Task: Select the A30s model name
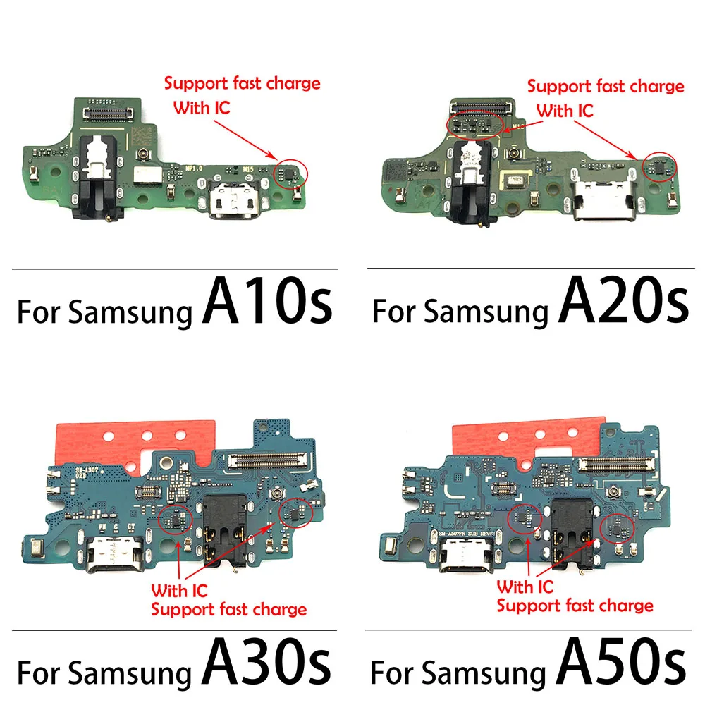click(x=266, y=667)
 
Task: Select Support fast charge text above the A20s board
click(x=606, y=87)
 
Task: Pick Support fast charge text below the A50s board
click(x=575, y=605)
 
